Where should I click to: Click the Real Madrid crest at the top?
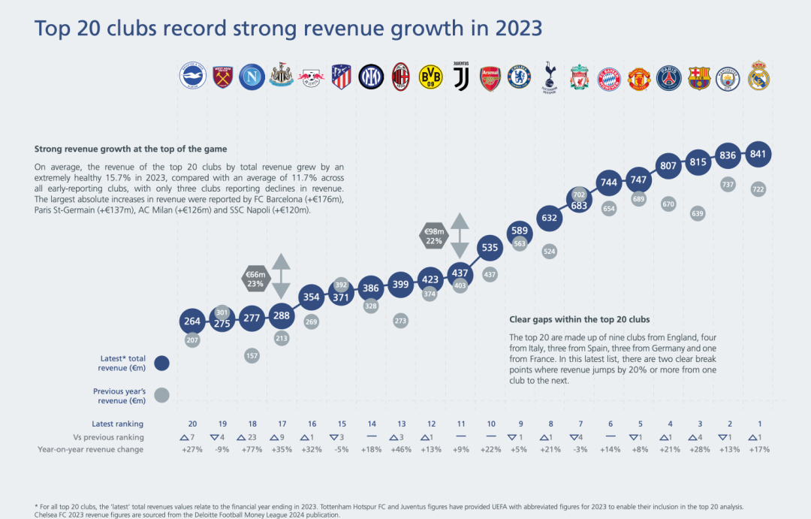pyautogui.click(x=758, y=76)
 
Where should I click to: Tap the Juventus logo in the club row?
pyautogui.click(x=460, y=76)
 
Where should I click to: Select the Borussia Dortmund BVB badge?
pyautogui.click(x=430, y=77)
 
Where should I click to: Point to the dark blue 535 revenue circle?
pyautogui.click(x=490, y=247)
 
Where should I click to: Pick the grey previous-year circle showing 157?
pyautogui.click(x=252, y=355)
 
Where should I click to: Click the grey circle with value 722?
pyautogui.click(x=758, y=189)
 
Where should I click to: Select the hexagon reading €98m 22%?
pyautogui.click(x=433, y=236)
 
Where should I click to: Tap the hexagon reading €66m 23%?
pyautogui.click(x=255, y=279)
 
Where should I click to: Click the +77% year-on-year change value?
pyautogui.click(x=252, y=449)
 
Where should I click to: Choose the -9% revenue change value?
pyautogui.click(x=222, y=449)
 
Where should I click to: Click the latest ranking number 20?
pyautogui.click(x=192, y=424)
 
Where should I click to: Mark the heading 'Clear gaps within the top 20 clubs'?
pyautogui.click(x=579, y=319)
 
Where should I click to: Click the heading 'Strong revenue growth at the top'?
pyautogui.click(x=130, y=149)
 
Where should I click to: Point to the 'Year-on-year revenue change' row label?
pyautogui.click(x=90, y=449)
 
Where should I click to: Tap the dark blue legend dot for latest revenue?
pyautogui.click(x=161, y=364)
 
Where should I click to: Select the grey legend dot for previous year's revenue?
pyautogui.click(x=161, y=395)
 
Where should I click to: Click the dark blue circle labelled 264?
pyautogui.click(x=192, y=321)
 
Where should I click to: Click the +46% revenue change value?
pyautogui.click(x=400, y=449)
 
